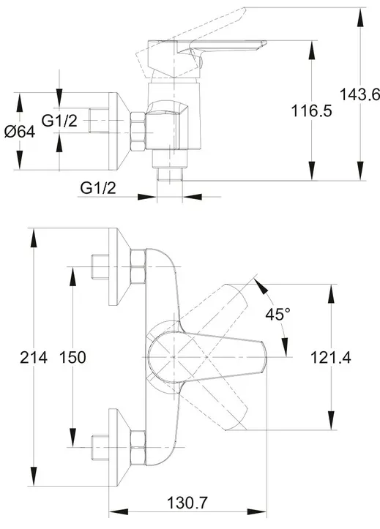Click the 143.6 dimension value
[x=359, y=94]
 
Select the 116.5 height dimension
[x=311, y=110]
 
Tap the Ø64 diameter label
[x=20, y=131]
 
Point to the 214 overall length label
[x=34, y=357]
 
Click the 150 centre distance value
[x=72, y=357]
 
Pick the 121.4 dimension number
[x=330, y=357]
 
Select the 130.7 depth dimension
[x=187, y=503]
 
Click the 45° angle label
[x=277, y=315]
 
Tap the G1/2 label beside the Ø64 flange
[x=59, y=121]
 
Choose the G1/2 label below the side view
[x=98, y=187]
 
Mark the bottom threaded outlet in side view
[x=170, y=165]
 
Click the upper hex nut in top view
[x=138, y=266]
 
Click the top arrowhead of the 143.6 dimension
[x=360, y=17]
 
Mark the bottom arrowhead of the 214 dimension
[x=34, y=476]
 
